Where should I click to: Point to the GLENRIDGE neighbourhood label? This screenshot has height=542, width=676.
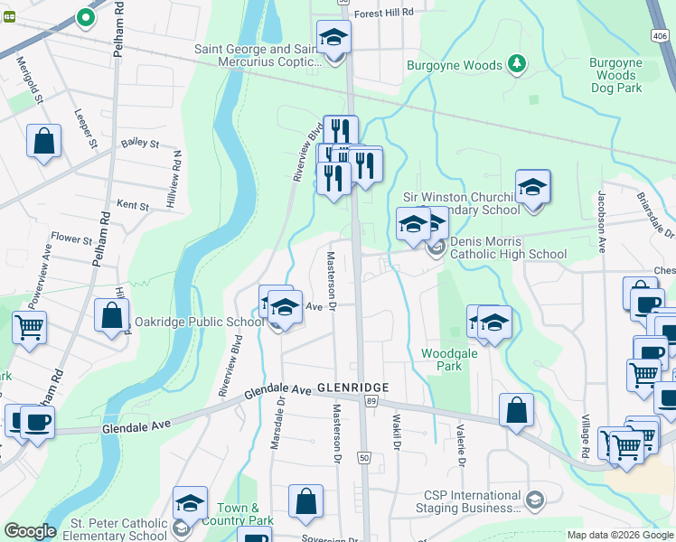(352, 388)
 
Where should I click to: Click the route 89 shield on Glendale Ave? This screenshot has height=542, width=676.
(371, 399)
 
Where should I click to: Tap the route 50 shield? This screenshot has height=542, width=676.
(364, 458)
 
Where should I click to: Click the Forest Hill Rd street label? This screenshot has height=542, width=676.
(383, 13)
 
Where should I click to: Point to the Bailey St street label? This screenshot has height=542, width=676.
(139, 143)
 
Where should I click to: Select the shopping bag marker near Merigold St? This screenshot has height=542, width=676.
(43, 141)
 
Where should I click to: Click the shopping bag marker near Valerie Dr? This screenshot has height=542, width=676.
(515, 410)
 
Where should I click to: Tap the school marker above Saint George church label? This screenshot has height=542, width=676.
(333, 38)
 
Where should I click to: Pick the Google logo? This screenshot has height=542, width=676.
(31, 531)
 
